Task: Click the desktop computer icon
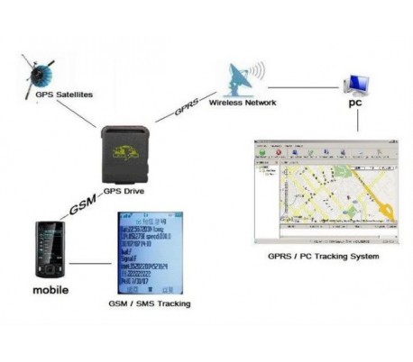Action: tap(354, 84)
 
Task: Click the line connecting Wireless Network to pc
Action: tap(307, 87)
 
